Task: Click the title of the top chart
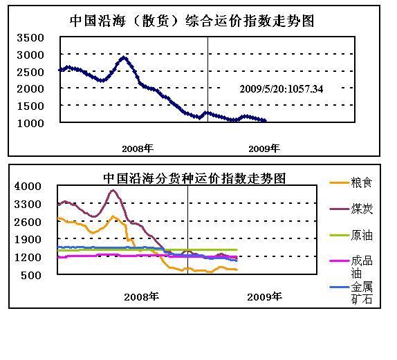pyautogui.click(x=192, y=21)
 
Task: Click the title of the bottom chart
pyautogui.click(x=194, y=178)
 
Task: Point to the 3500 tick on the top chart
pyautogui.click(x=30, y=38)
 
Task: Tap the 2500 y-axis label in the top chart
pyautogui.click(x=30, y=72)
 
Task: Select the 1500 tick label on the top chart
pyautogui.click(x=30, y=106)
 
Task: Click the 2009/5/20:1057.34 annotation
pyautogui.click(x=281, y=89)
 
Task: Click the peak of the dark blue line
pyautogui.click(x=124, y=58)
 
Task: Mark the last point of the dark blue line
pyautogui.click(x=265, y=120)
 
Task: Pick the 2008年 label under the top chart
pyautogui.click(x=138, y=149)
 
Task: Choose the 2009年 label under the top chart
pyautogui.click(x=264, y=149)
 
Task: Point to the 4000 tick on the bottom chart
pyautogui.click(x=28, y=186)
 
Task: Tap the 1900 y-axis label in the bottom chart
pyautogui.click(x=28, y=239)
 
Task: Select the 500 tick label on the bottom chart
pyautogui.click(x=31, y=275)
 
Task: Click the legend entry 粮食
pyautogui.click(x=351, y=182)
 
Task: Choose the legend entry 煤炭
pyautogui.click(x=351, y=209)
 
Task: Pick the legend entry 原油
pyautogui.click(x=351, y=235)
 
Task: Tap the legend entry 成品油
pyautogui.click(x=351, y=267)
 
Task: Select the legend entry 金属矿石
pyautogui.click(x=351, y=293)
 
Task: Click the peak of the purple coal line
pyautogui.click(x=113, y=190)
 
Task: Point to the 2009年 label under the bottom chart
pyautogui.click(x=264, y=296)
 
